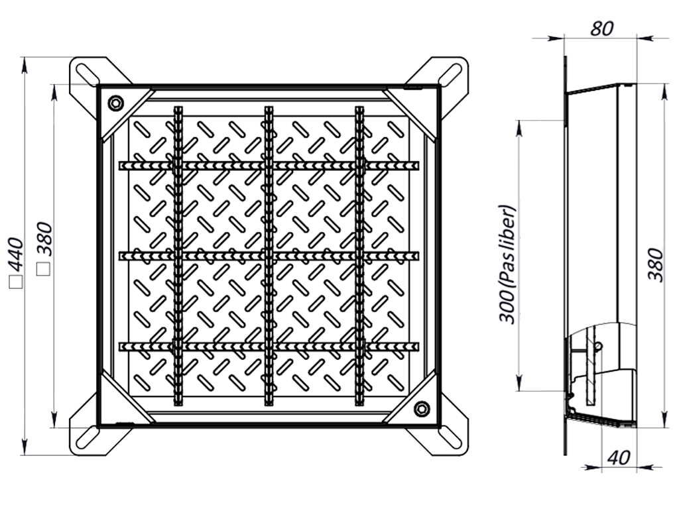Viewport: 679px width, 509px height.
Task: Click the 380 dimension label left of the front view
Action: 44,239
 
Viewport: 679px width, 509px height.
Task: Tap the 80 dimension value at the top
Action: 602,28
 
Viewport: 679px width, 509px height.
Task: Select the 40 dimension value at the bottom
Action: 619,457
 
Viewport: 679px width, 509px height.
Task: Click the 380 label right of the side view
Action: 656,265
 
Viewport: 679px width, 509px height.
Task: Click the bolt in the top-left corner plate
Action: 116,103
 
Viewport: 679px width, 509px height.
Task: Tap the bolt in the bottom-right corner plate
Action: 421,408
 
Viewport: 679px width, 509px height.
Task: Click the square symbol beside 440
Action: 16,282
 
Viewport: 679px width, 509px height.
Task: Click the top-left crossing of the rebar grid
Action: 178,165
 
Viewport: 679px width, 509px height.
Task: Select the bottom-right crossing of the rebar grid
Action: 360,346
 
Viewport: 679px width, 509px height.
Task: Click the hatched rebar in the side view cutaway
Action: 591,366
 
